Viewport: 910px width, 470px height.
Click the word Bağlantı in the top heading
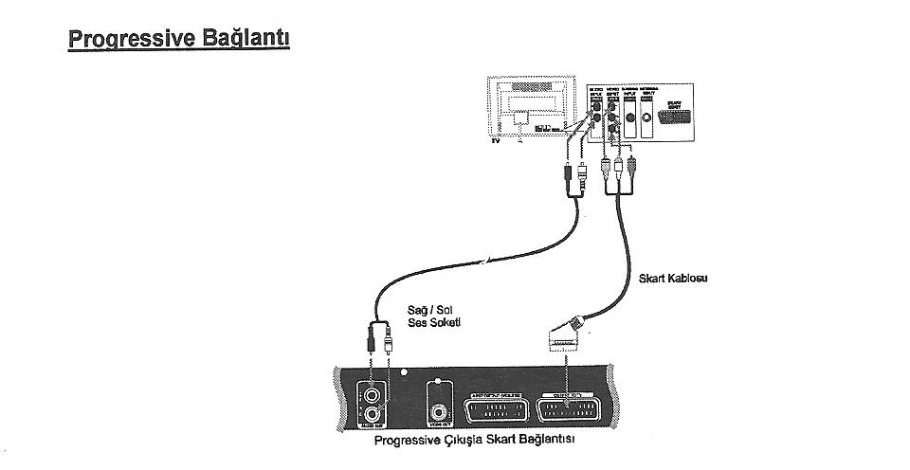tap(249, 40)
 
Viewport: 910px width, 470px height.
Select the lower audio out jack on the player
tap(372, 413)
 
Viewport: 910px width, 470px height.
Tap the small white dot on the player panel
tap(403, 371)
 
